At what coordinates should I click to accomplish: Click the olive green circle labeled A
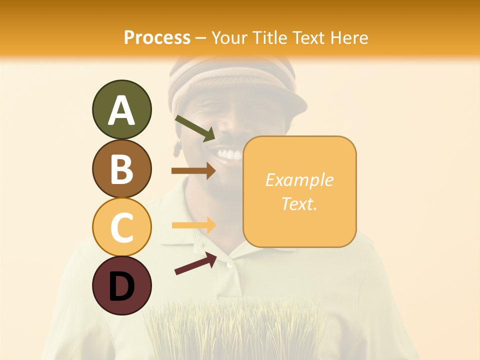pyautogui.click(x=121, y=110)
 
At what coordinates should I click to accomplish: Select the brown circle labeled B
pyautogui.click(x=121, y=169)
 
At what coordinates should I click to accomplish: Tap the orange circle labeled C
pyautogui.click(x=121, y=227)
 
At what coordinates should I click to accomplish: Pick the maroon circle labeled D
pyautogui.click(x=121, y=286)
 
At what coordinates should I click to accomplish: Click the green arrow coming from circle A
pyautogui.click(x=195, y=128)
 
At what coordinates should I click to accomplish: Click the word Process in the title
pyautogui.click(x=157, y=37)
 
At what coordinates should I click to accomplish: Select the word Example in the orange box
pyautogui.click(x=299, y=180)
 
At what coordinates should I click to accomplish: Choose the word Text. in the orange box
pyautogui.click(x=299, y=203)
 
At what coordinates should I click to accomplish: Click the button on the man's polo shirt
pyautogui.click(x=229, y=265)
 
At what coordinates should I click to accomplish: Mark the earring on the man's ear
pyautogui.click(x=177, y=149)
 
